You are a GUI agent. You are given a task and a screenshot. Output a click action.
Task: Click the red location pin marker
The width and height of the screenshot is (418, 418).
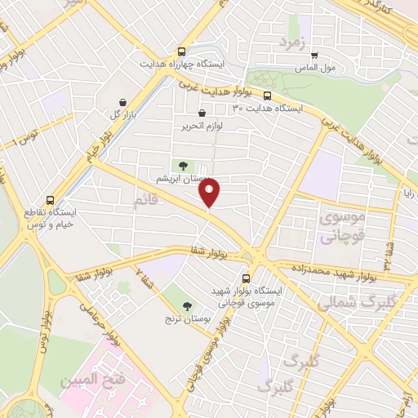[x=211, y=192]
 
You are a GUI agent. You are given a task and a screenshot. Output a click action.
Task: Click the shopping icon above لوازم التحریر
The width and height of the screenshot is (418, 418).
[x=201, y=113]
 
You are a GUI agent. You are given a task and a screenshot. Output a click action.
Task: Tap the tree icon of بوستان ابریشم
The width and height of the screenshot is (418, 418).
[x=182, y=165]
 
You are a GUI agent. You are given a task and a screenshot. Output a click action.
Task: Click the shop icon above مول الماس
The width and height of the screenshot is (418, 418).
[x=313, y=56]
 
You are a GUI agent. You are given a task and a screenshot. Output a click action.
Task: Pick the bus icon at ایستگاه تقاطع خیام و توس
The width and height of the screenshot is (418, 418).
[x=51, y=199]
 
